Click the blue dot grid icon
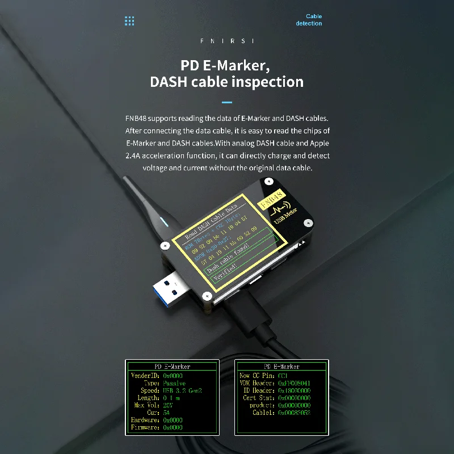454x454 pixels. click(129, 21)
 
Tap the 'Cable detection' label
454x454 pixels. click(309, 20)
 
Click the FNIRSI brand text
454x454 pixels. click(227, 41)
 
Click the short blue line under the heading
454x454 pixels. click(227, 103)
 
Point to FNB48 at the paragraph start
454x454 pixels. click(136, 119)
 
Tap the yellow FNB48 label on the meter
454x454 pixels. click(271, 200)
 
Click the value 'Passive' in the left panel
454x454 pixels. click(174, 383)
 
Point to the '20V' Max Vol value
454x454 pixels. click(168, 405)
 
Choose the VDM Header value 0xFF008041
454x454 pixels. click(294, 383)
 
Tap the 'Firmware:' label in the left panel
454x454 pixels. click(145, 427)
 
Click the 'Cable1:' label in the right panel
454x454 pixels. click(264, 413)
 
